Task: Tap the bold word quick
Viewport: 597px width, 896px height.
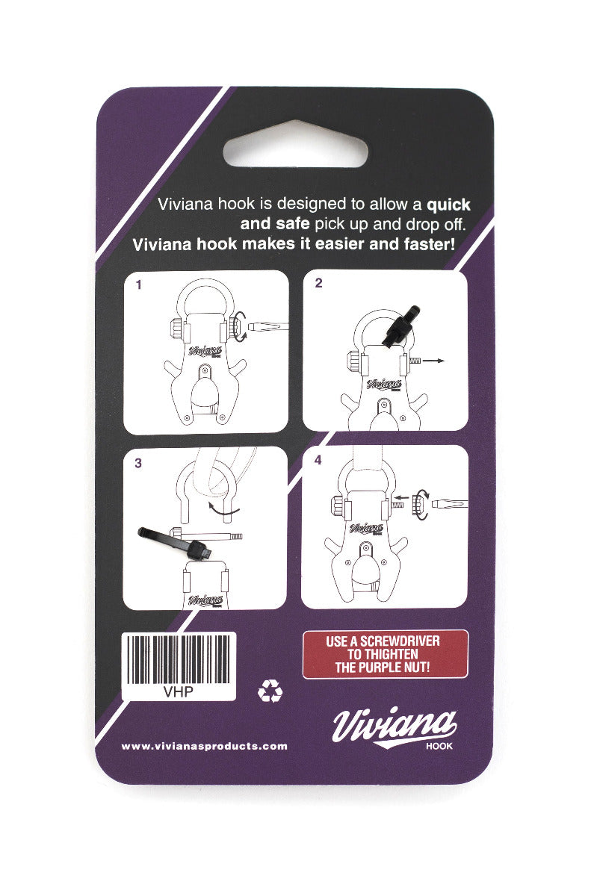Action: click(448, 205)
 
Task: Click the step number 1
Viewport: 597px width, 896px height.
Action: click(138, 284)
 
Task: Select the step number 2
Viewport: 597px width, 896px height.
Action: click(318, 283)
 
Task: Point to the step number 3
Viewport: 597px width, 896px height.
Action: click(138, 463)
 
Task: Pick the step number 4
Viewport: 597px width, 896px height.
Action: click(318, 460)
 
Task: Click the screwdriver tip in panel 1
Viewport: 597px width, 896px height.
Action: click(268, 326)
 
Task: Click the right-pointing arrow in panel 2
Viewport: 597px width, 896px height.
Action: click(433, 361)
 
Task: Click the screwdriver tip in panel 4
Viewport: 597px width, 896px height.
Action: click(450, 504)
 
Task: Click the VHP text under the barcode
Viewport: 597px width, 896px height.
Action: click(178, 691)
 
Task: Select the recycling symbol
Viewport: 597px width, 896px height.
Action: click(270, 691)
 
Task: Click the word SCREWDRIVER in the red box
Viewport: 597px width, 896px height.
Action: click(400, 641)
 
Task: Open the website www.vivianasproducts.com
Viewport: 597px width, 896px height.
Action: click(204, 746)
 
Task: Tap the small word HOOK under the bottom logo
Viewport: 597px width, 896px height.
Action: click(439, 746)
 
